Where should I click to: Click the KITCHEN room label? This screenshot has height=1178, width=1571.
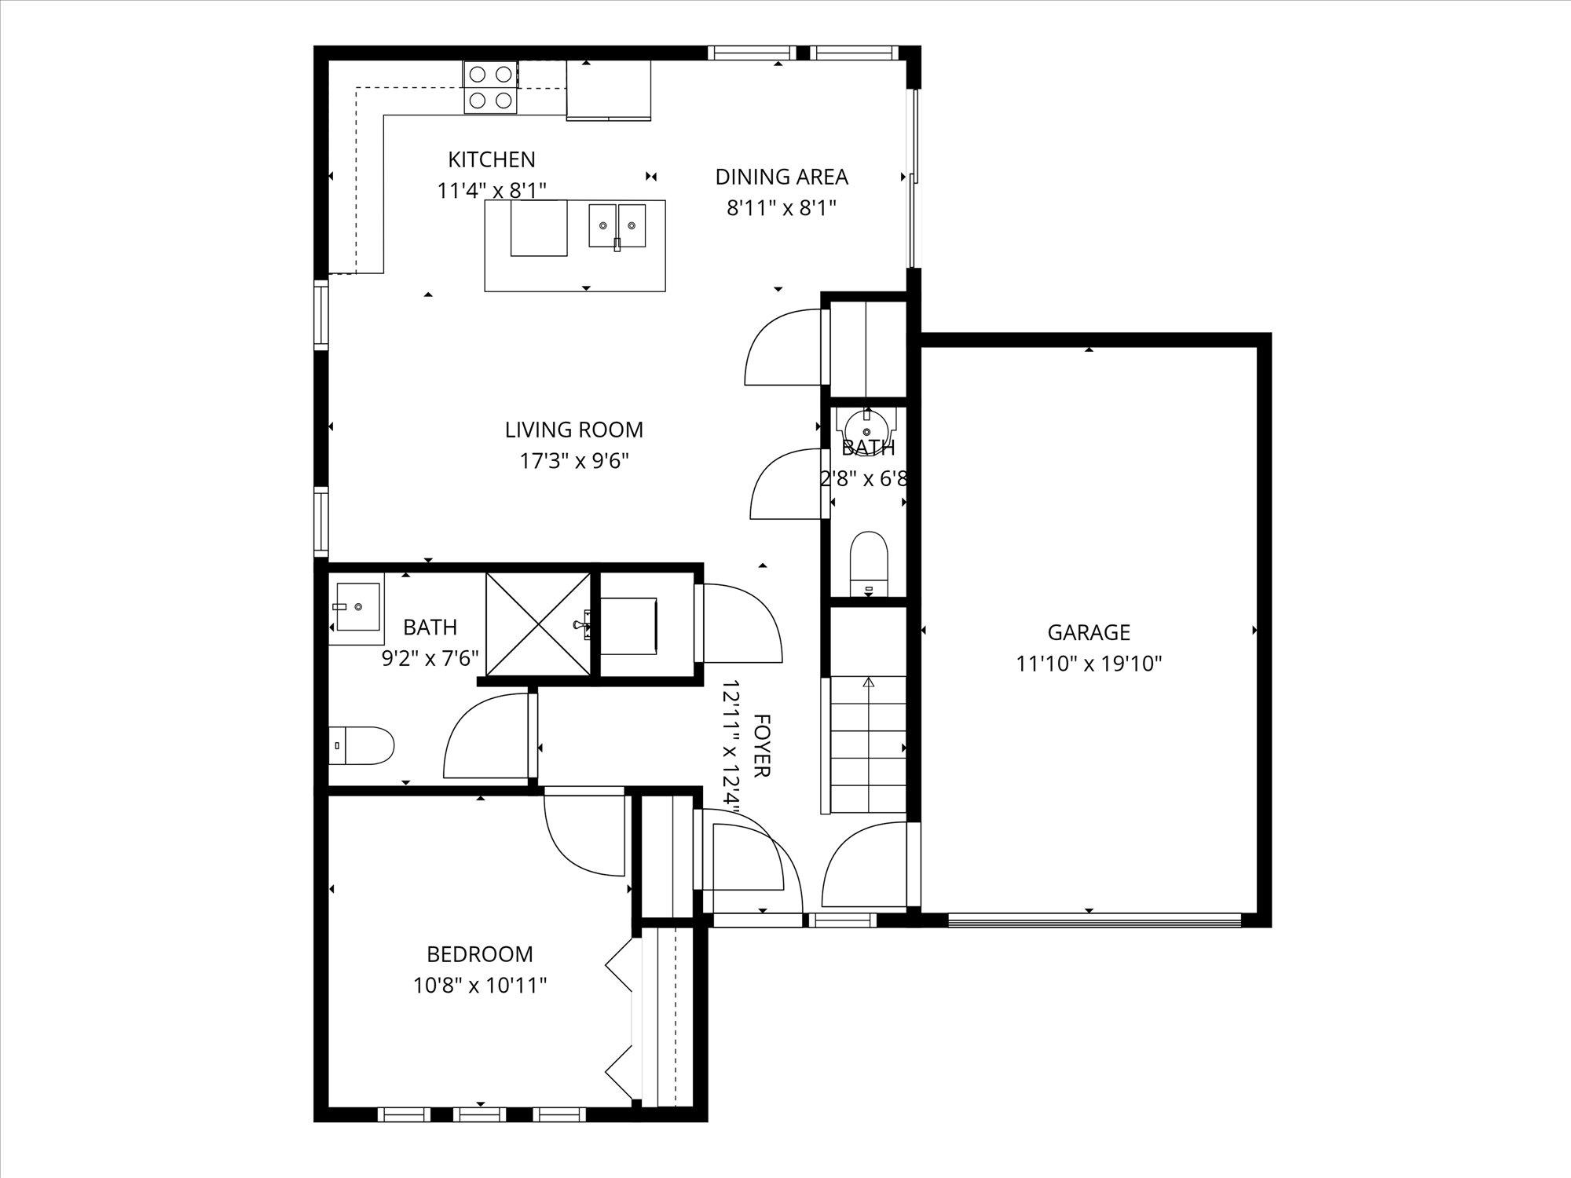(x=492, y=159)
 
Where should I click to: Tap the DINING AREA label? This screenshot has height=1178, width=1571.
(x=782, y=177)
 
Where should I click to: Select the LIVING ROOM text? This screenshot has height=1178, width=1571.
(x=574, y=430)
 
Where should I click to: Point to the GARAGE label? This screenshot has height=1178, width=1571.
(x=1089, y=632)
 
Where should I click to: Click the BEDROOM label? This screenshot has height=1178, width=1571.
(x=480, y=954)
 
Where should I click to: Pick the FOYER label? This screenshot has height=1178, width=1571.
(x=760, y=745)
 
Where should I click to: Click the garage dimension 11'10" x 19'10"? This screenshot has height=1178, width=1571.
(x=1089, y=664)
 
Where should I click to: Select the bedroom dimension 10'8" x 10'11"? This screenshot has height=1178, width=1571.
(x=480, y=986)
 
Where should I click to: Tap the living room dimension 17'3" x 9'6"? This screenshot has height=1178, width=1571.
(x=574, y=461)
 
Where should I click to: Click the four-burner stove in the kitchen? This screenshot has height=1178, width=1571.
(x=491, y=86)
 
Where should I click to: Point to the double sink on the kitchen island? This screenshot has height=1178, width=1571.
(x=617, y=226)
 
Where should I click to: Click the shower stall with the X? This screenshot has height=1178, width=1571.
(x=539, y=624)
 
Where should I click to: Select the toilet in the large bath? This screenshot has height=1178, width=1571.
(x=361, y=745)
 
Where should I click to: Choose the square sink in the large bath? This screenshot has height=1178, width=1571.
(x=356, y=608)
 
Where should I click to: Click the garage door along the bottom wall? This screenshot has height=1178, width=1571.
(x=1094, y=920)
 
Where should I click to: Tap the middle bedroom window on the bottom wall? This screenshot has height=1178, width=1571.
(x=480, y=1114)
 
